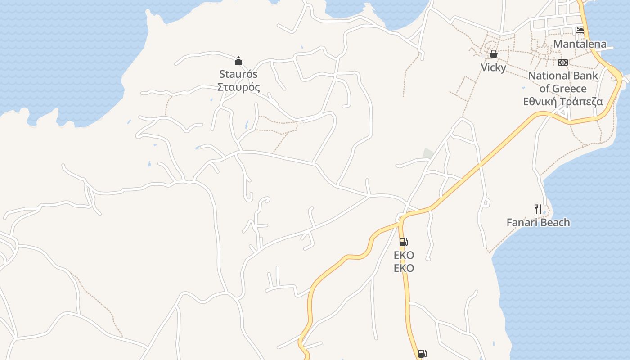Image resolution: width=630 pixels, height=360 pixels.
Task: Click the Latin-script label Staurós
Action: tap(239, 74)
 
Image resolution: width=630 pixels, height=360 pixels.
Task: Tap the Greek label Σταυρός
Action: tap(239, 87)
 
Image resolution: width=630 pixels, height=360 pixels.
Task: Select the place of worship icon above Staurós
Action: tap(238, 61)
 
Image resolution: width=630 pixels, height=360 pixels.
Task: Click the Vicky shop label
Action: tap(494, 67)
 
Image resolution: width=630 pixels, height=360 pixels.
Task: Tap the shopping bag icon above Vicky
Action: tap(494, 54)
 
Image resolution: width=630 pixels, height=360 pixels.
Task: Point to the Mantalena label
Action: tap(580, 44)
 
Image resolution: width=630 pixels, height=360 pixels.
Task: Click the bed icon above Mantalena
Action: tap(580, 31)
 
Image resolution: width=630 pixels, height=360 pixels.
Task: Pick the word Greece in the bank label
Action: tap(569, 88)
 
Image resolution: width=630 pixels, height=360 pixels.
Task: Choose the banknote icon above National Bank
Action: tap(563, 63)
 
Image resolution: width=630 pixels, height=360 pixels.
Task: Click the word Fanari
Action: tap(522, 222)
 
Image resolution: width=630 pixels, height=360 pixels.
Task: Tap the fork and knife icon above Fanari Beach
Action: tap(538, 209)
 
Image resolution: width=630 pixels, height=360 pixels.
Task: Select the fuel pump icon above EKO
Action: tap(404, 242)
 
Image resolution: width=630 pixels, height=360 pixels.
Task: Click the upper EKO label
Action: tap(404, 255)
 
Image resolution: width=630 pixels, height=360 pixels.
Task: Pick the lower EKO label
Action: tap(404, 268)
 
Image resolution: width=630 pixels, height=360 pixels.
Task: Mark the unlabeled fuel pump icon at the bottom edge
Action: tap(422, 354)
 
